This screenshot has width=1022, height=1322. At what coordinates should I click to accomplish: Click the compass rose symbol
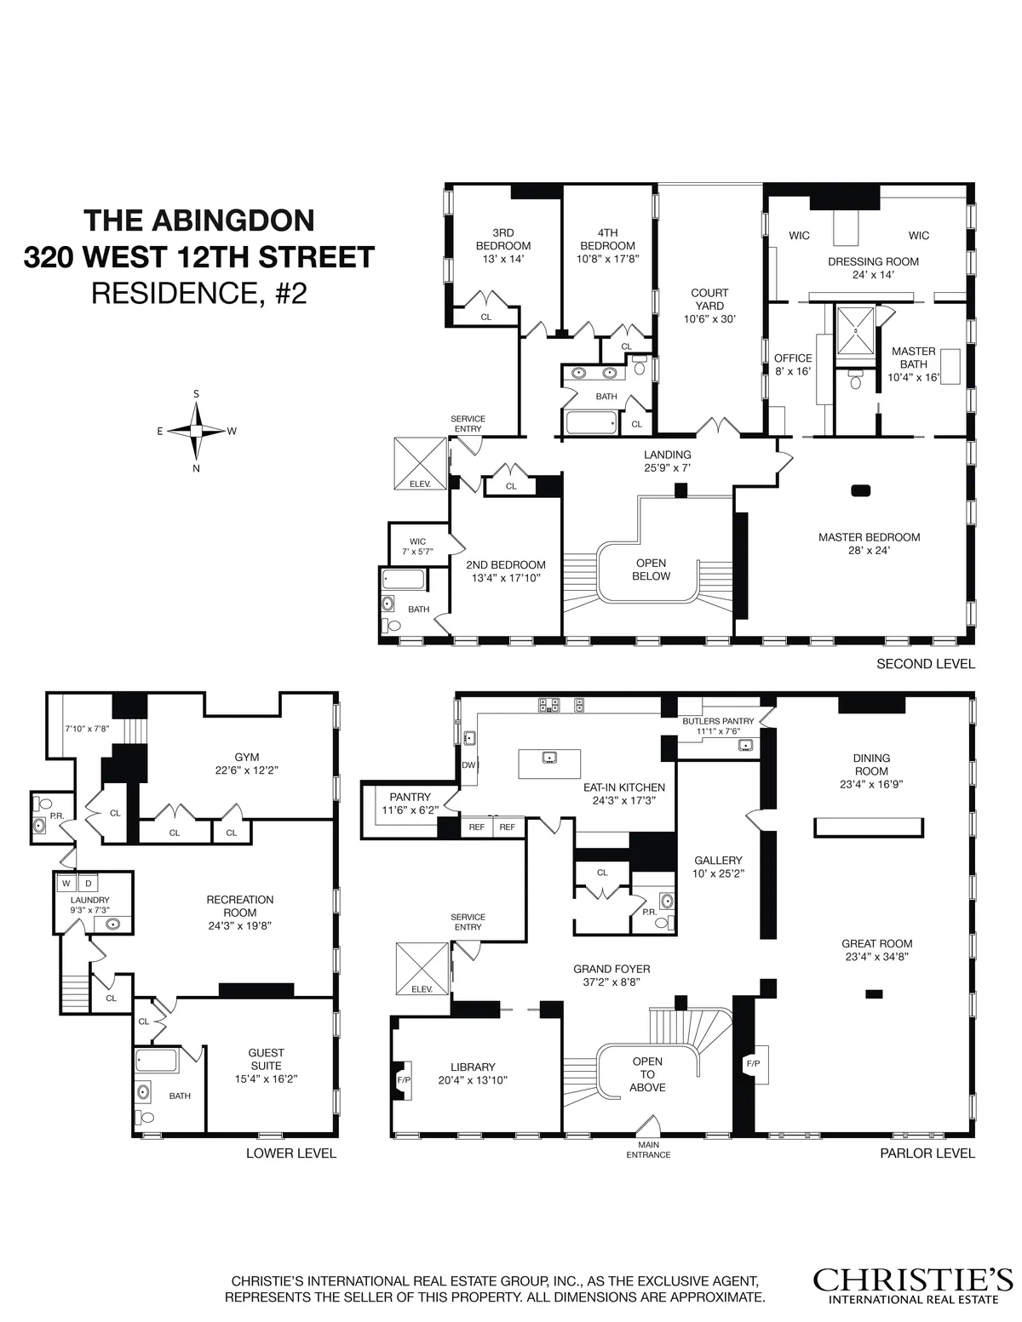coord(196,431)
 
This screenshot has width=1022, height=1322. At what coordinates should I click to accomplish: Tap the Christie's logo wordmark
coord(912,1279)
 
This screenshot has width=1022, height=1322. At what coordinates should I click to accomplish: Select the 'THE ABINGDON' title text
coord(199,220)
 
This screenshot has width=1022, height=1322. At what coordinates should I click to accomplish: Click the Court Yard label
coord(709,306)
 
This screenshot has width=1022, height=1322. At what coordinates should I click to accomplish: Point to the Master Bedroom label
coord(869,537)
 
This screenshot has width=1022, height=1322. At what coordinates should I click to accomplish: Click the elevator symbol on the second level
coord(420,464)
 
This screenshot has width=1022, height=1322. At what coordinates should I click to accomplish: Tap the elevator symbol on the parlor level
coord(422,969)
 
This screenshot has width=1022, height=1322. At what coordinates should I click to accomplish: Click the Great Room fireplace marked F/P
coord(754,1063)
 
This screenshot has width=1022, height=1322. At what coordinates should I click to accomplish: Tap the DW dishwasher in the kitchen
coord(468,765)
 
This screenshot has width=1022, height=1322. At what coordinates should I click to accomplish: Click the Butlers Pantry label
coord(718,721)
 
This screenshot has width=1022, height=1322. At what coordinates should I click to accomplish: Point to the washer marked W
coord(66,883)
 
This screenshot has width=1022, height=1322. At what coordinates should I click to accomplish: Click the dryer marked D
coord(88,883)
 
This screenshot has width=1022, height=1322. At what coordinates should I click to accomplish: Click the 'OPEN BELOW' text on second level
coord(652,569)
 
